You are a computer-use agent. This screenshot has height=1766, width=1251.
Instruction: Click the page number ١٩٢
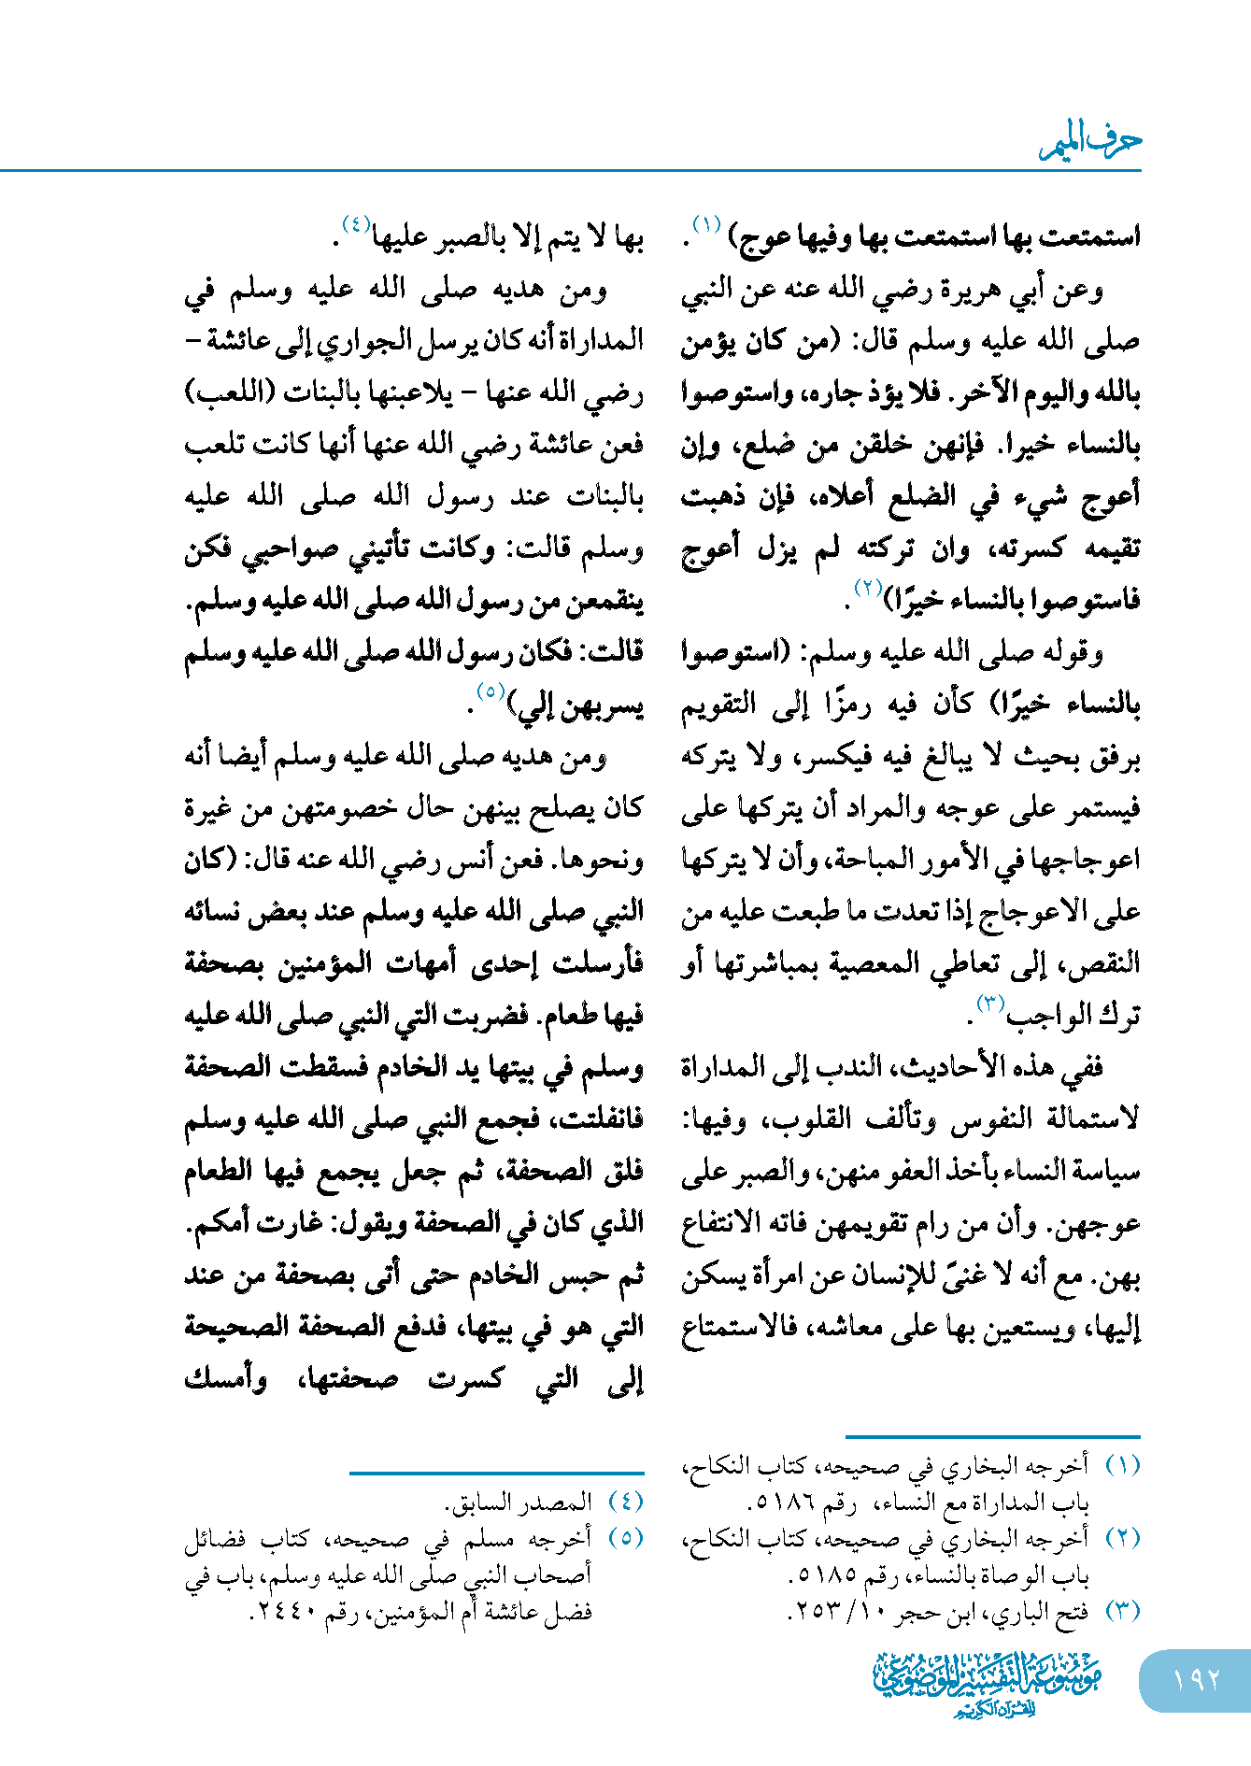1196,1679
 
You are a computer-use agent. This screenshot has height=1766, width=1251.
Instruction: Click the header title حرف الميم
1091,142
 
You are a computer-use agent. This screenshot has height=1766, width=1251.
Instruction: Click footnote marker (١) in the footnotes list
1123,1466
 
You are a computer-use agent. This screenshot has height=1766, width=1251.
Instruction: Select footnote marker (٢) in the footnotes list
1123,1538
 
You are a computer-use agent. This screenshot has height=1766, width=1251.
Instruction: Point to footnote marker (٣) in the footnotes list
1123,1611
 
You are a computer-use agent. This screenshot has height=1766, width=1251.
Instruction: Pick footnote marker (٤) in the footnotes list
626,1502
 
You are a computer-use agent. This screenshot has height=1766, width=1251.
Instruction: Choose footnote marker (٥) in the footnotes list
626,1538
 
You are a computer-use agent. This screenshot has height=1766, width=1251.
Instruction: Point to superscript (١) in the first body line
706,225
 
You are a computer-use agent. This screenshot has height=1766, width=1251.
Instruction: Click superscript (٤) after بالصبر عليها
356,225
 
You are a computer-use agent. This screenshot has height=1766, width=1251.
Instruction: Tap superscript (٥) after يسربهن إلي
490,692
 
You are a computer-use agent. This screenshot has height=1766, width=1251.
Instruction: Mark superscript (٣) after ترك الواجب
989,1004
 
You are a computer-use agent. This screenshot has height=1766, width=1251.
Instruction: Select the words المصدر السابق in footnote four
519,1503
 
